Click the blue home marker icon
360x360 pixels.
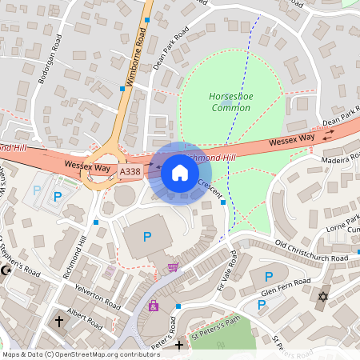point(180,173)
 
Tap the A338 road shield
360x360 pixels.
point(129,172)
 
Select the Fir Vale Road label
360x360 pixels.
point(226,271)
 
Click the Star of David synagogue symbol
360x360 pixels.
point(324,297)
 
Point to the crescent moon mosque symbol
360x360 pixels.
point(8,270)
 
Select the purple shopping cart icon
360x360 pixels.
point(172,267)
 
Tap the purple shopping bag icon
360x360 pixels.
point(153,306)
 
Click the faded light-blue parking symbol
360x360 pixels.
point(37,192)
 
